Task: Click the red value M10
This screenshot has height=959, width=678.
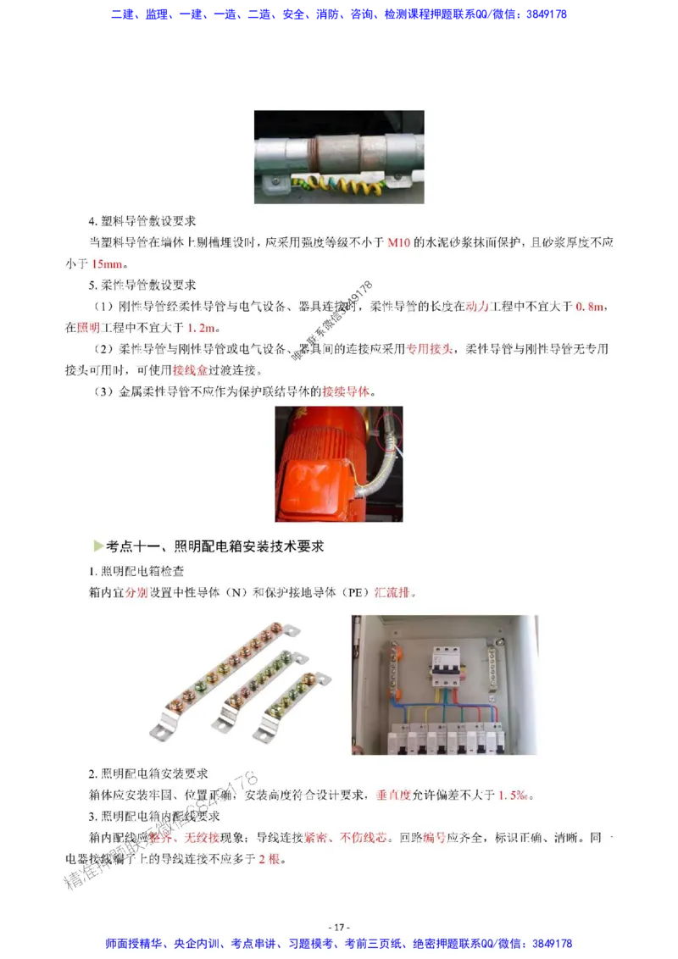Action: (398, 242)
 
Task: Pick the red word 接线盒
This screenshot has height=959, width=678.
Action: (191, 370)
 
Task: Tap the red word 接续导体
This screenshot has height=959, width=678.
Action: (347, 391)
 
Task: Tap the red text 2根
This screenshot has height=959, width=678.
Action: (269, 858)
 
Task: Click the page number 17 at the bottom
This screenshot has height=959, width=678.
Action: (338, 927)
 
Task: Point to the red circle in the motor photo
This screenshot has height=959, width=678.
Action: (392, 427)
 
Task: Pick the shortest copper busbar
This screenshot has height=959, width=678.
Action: (293, 703)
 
